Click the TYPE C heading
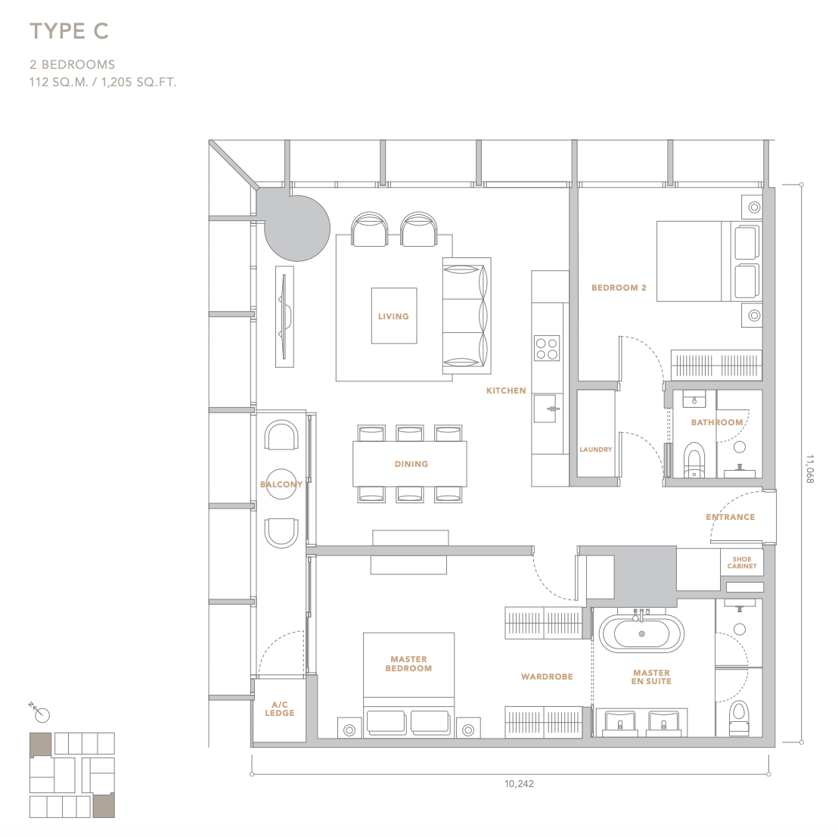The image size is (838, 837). point(69,31)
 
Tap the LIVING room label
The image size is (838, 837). point(393,316)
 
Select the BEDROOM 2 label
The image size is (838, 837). point(619,288)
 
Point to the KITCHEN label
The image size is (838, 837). point(506,391)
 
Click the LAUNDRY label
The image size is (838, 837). point(596,450)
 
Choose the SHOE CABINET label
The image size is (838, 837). point(742,562)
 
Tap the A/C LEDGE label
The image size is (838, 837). point(280,708)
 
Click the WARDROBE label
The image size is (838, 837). point(547,677)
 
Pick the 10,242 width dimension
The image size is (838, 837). point(519,783)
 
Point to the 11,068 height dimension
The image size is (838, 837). point(810,469)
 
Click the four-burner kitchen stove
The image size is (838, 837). point(547,348)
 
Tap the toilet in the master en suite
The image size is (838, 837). point(740,717)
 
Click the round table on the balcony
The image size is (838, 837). point(281,484)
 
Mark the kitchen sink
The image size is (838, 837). point(545,409)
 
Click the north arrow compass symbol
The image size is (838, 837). point(39,712)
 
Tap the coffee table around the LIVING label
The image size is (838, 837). point(394,316)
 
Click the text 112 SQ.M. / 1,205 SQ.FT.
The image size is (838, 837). point(103,82)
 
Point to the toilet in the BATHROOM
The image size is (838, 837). point(694,459)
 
